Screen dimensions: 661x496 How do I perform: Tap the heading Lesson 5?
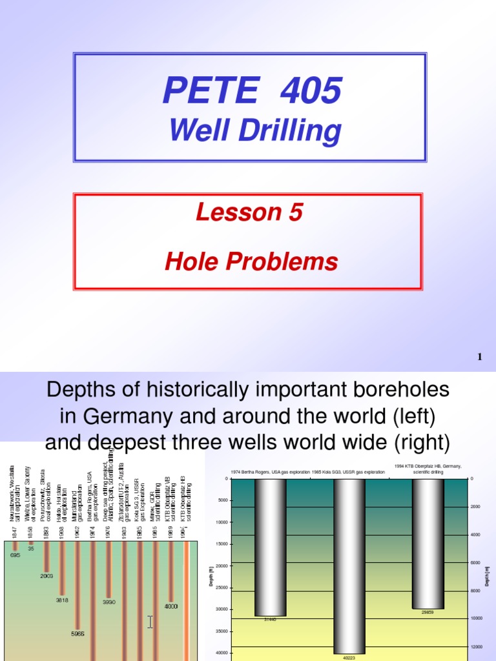tap(249, 212)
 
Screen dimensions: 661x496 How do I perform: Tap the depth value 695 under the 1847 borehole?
tap(15, 555)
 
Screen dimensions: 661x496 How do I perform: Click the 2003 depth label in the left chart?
tap(46, 576)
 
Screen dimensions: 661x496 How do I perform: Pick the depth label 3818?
tap(62, 600)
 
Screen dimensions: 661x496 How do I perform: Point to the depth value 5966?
tap(77, 634)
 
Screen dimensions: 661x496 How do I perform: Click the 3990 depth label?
tap(108, 602)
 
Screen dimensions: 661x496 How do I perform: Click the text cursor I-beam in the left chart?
tap(150, 622)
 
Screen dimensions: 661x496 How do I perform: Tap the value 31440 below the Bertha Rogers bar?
tap(271, 620)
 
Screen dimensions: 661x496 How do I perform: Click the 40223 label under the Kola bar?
tap(349, 658)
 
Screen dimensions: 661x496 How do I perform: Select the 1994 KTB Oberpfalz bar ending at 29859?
tap(428, 542)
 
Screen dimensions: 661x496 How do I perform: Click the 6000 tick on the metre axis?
tap(476, 563)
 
